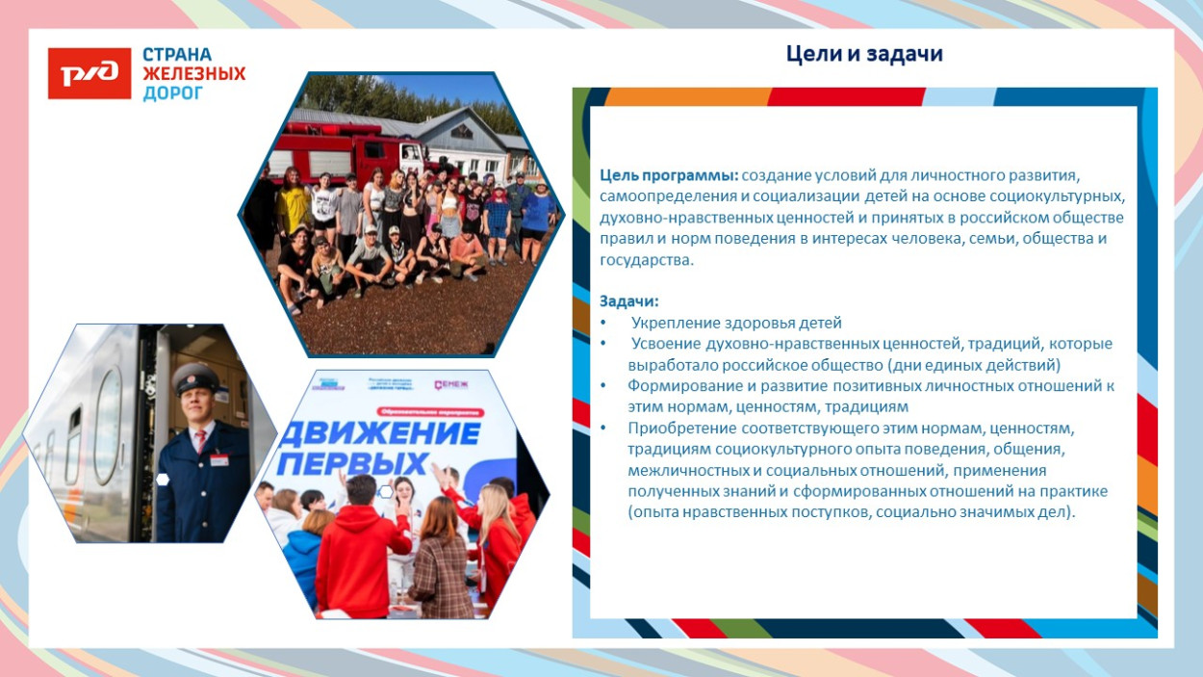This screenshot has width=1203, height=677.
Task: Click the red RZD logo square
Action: point(90,73)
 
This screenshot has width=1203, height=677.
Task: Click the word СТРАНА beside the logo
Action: point(177,55)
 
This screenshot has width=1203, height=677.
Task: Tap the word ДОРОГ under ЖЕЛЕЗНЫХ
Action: point(173,93)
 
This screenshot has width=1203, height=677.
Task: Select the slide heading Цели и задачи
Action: point(864,55)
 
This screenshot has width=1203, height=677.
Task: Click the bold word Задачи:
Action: point(628,300)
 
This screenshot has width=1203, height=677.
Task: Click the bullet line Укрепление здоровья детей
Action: point(736,323)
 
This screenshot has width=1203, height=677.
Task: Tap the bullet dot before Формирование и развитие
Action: point(603,385)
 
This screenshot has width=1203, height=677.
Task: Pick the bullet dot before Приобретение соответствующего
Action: point(603,428)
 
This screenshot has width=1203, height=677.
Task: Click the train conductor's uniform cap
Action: point(193,375)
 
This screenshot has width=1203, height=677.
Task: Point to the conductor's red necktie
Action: point(200,440)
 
